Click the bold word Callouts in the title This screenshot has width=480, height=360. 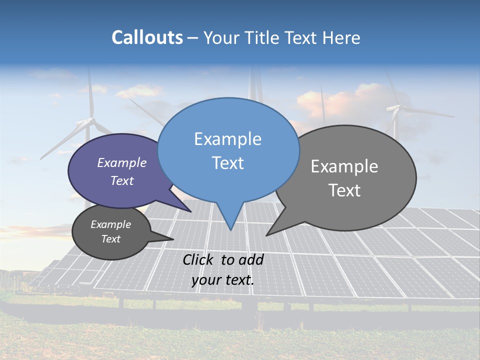147,38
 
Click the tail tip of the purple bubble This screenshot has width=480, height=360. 190,211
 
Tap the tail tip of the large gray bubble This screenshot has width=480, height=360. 266,235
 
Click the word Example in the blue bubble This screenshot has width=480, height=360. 227,139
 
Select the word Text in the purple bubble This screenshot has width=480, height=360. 122,180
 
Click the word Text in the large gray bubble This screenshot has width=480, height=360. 344,190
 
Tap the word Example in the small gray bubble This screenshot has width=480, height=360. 110,224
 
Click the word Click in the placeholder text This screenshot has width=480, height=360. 199,259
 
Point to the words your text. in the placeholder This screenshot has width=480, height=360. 222,280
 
